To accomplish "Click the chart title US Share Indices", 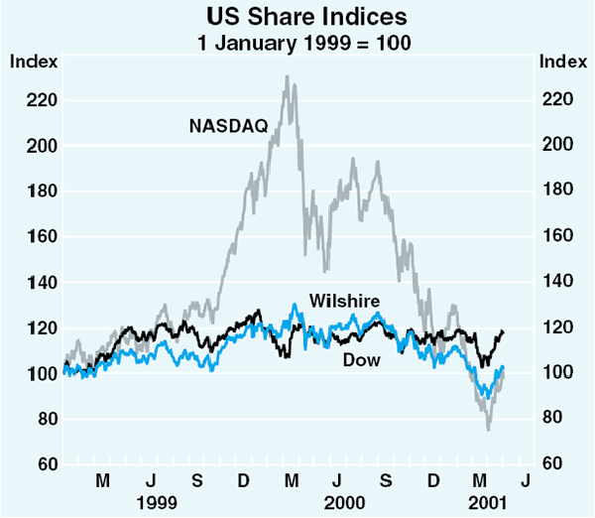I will pos(297,17).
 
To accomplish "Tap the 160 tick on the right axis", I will pos(557,237).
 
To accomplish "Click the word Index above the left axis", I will pos(32,62).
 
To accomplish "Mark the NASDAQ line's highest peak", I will pos(288,76).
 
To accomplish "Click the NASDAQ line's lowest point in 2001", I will pos(489,429).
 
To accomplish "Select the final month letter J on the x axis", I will pos(526,481).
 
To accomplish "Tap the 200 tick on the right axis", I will pos(557,146).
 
